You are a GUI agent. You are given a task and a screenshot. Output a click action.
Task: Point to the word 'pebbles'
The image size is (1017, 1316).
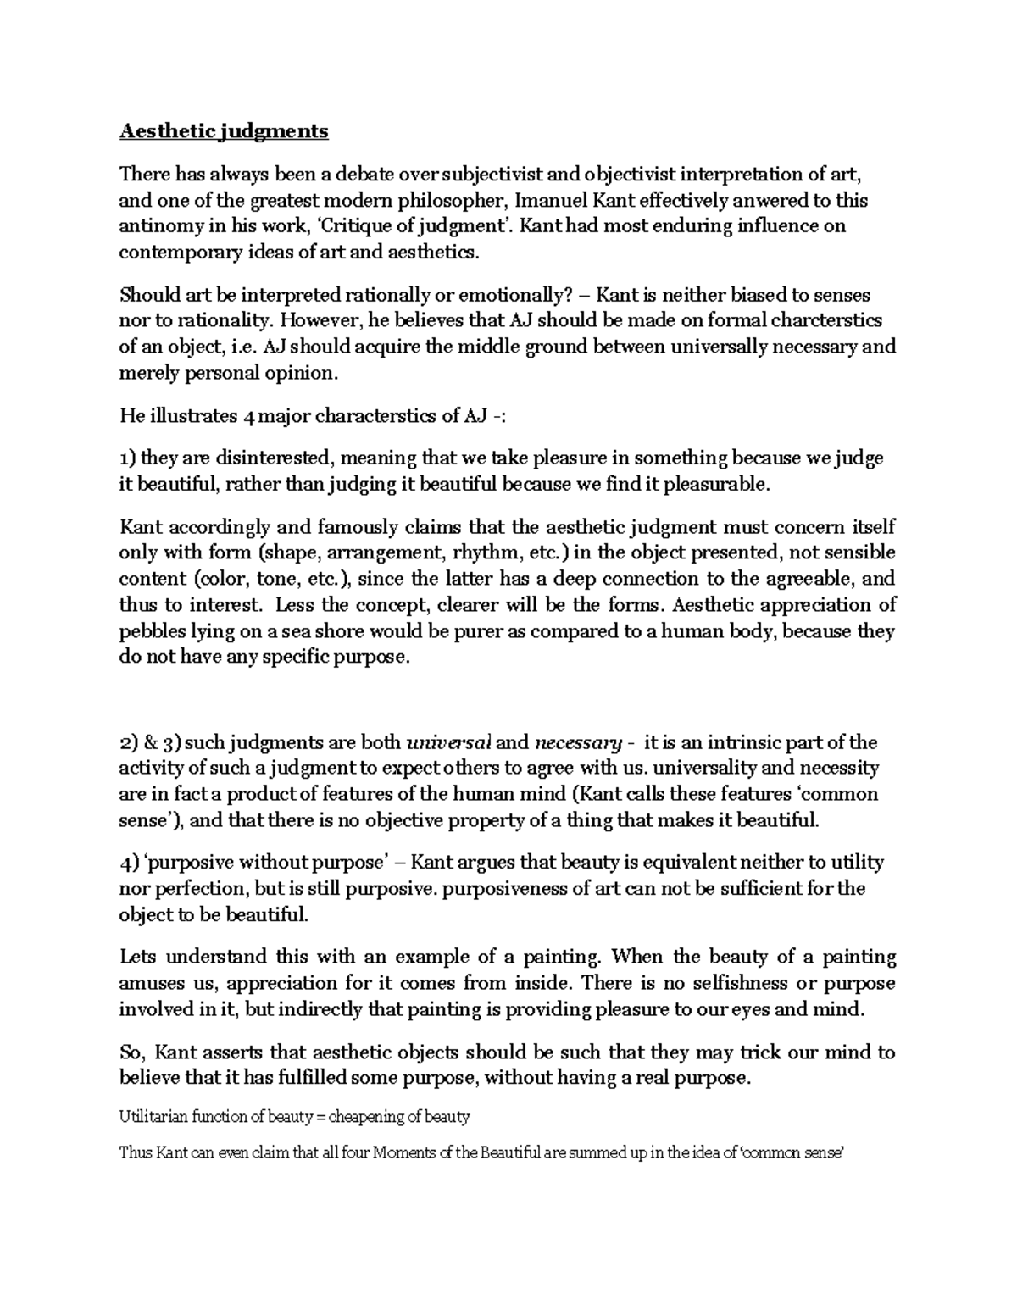(x=148, y=631)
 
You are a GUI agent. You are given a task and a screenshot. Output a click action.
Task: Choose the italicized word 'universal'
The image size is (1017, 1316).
(x=449, y=743)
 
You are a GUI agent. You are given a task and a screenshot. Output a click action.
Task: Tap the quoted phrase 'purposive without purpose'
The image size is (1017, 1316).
(x=266, y=863)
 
